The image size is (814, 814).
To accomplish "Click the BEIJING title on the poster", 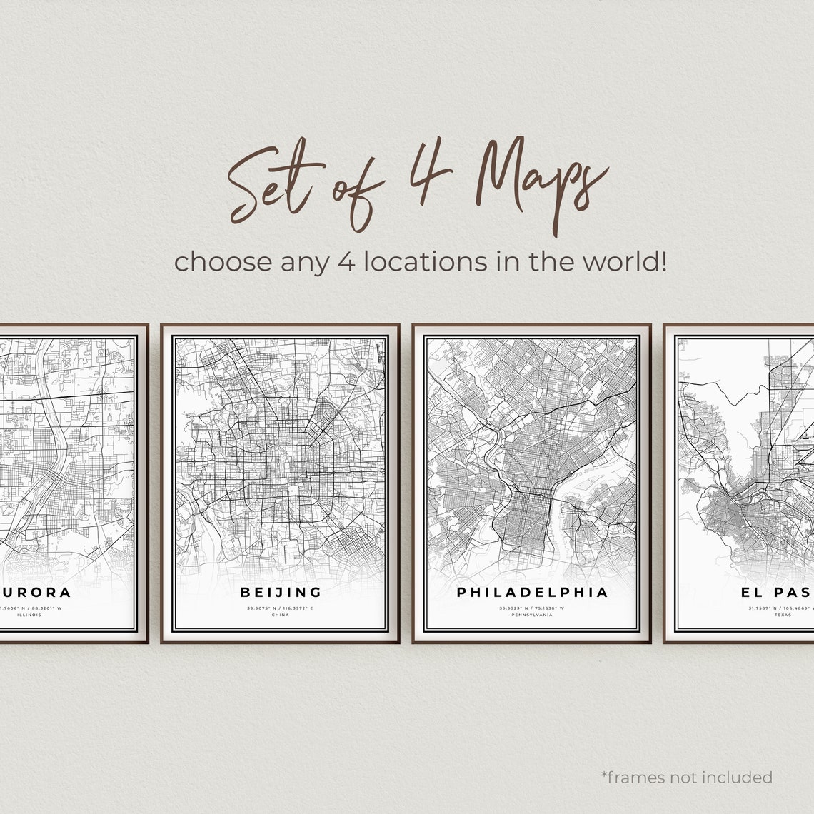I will pyautogui.click(x=281, y=592).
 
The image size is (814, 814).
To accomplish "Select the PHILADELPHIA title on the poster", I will pyautogui.click(x=532, y=592).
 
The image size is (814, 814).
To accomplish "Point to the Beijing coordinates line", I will pyautogui.click(x=281, y=608).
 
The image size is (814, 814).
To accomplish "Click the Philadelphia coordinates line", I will pyautogui.click(x=532, y=608).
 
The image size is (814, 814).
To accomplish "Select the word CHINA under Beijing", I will pyautogui.click(x=281, y=615).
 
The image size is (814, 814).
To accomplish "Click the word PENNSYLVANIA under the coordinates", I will pyautogui.click(x=532, y=615).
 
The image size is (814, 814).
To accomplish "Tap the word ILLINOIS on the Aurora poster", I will pyautogui.click(x=30, y=615).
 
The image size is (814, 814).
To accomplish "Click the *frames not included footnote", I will pyautogui.click(x=686, y=777).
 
